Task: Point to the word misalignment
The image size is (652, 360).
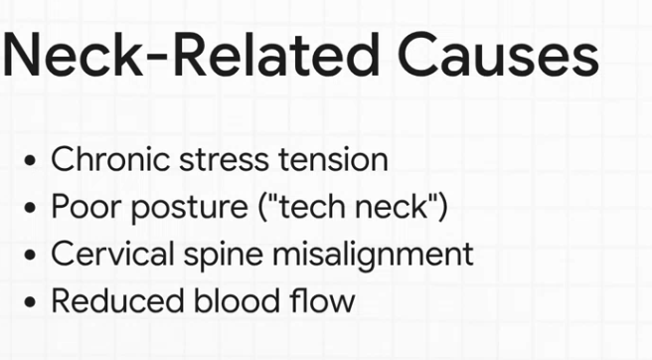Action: pos(369,255)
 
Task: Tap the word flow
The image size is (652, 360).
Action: pos(321,300)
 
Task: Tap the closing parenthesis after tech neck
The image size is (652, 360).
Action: pos(442,207)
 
